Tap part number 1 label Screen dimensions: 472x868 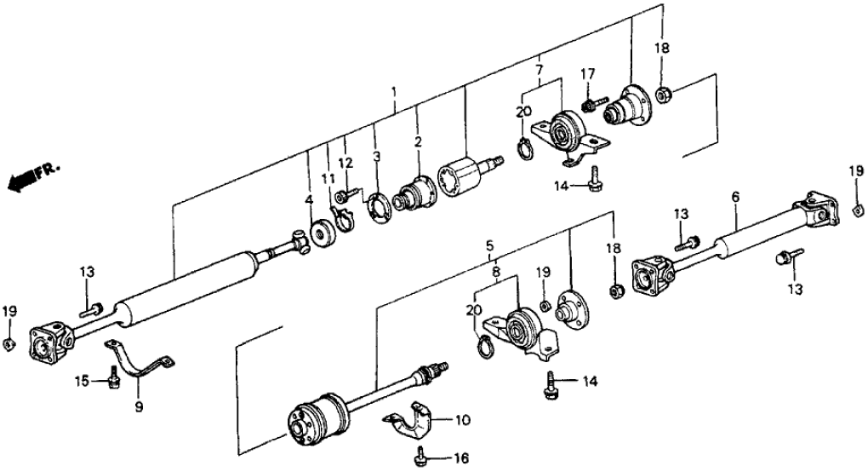pos(394,90)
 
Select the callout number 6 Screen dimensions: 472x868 pos(735,197)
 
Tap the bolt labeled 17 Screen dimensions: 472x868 pos(588,104)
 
